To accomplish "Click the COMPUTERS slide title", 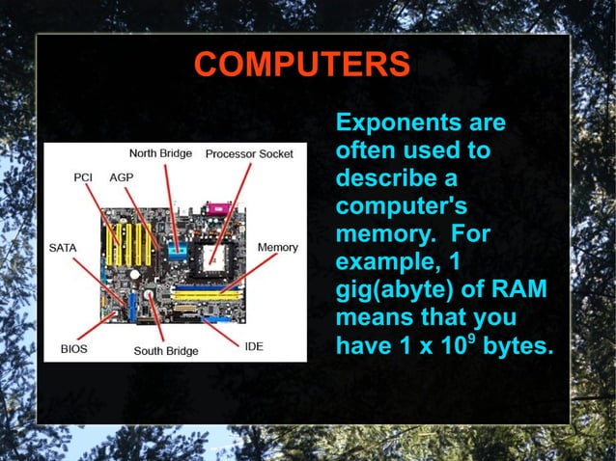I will pos(301,65).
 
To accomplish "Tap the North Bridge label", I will pos(160,153).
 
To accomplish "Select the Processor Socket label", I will pos(249,153).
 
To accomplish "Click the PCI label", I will pos(84,177).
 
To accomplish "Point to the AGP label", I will pos(122,177).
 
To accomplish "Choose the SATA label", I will pos(63,248).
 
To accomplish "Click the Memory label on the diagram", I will pos(277,248).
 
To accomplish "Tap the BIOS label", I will pos(73,348).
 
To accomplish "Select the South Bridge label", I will pos(165,351).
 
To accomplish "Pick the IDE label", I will pos(254,346).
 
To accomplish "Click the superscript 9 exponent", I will pos(469,337).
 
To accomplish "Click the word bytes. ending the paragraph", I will pos(518,345).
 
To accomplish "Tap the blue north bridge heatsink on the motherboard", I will pos(177,251).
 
